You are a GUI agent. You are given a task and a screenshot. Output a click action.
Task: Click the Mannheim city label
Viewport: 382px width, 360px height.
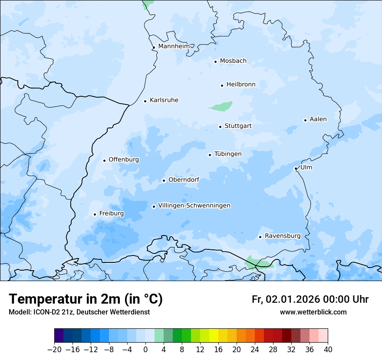pos(174,46)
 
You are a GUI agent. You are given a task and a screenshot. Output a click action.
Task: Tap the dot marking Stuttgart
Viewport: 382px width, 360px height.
pos(220,127)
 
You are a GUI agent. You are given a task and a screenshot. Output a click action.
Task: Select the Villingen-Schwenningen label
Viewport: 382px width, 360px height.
pos(194,206)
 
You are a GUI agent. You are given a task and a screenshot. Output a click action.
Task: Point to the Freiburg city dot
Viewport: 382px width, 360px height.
pos(95,214)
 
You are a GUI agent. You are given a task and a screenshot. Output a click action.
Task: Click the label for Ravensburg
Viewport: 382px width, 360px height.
pos(283,236)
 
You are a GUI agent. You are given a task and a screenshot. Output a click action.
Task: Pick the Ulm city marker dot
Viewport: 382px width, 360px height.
pos(296,168)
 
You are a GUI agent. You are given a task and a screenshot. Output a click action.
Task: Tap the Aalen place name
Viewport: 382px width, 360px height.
pos(318,119)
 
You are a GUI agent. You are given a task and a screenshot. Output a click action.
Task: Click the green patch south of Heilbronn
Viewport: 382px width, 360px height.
pos(221,106)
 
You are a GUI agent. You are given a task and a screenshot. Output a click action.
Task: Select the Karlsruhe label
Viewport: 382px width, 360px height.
pos(164,100)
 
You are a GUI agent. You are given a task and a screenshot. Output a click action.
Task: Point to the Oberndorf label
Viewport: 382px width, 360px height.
pos(184,180)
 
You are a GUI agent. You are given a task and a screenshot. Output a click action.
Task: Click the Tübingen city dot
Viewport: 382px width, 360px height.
pos(210,155)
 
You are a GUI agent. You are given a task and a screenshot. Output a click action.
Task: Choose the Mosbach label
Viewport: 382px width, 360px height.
pos(233,61)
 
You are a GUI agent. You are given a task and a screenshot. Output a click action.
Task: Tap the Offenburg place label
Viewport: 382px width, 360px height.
pos(124,160)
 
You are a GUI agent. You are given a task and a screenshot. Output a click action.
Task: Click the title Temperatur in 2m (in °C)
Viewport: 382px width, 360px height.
pos(86,299)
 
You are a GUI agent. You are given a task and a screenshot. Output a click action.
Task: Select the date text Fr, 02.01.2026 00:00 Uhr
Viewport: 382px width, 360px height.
pos(310,299)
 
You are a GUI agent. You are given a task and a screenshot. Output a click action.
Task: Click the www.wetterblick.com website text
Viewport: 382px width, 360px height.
pos(313,312)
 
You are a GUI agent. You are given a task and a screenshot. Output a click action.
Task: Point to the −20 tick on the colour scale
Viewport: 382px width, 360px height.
pos(55,349)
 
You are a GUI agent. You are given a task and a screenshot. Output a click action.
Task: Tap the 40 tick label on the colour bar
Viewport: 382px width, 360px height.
pos(328,349)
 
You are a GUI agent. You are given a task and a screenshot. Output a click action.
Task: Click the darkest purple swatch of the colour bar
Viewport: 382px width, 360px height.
pos(59,336)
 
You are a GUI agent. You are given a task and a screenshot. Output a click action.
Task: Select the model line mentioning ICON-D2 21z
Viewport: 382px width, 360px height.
pos(79,312)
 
